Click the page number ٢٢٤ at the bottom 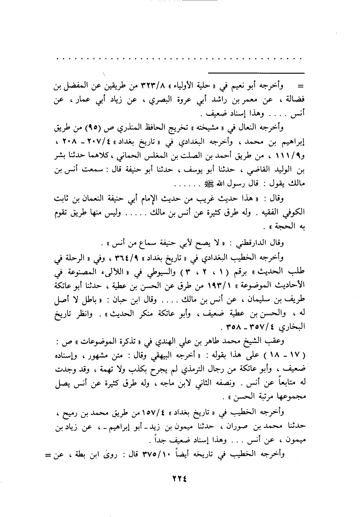pyautogui.click(x=179, y=479)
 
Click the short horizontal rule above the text pyautogui.click(x=255, y=73)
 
